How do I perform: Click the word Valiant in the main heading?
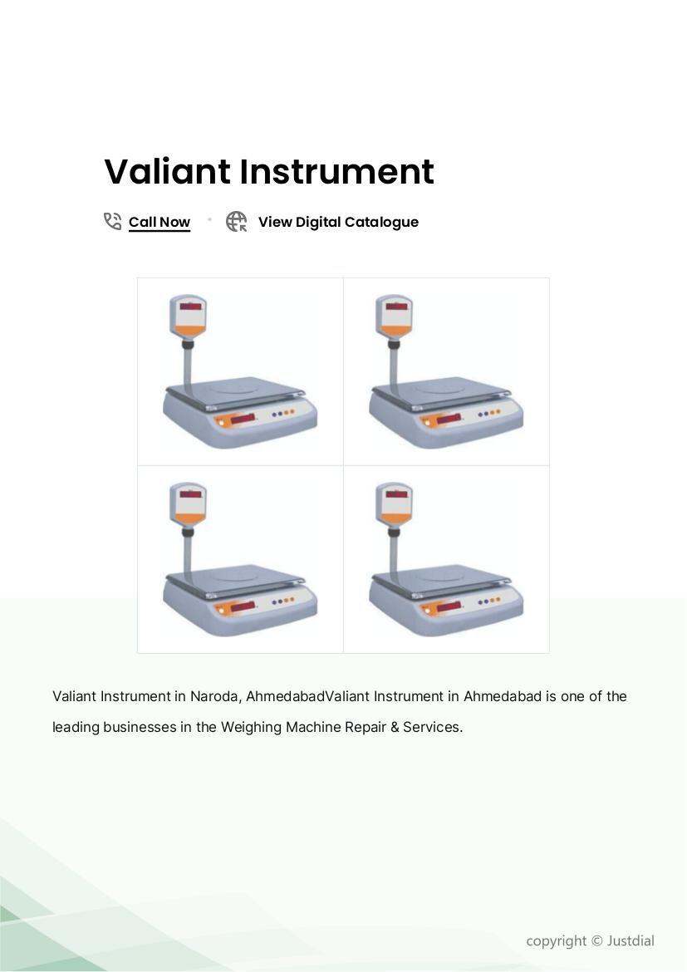(x=168, y=171)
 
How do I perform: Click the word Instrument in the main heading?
(x=336, y=171)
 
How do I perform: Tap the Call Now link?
(x=159, y=222)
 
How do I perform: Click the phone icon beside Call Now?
(x=112, y=221)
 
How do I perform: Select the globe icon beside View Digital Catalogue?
(x=236, y=221)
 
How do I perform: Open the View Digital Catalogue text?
(x=339, y=222)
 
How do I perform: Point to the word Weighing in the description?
(x=251, y=727)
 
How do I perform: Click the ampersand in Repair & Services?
(x=395, y=727)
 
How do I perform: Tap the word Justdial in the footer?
(x=630, y=940)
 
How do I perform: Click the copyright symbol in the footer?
(x=596, y=941)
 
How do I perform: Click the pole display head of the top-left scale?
(x=188, y=317)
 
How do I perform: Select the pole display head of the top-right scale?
(x=394, y=317)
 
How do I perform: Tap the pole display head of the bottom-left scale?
(x=188, y=504)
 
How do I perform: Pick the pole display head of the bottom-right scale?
(x=394, y=504)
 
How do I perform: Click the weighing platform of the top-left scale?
(x=235, y=392)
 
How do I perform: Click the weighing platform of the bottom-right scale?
(x=441, y=580)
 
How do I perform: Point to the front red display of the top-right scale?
(x=449, y=419)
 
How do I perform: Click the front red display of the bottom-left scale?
(x=243, y=606)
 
